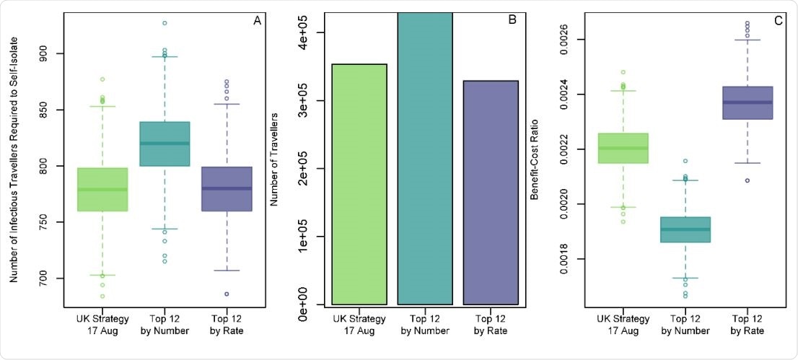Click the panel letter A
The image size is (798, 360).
(x=257, y=21)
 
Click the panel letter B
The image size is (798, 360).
(x=512, y=21)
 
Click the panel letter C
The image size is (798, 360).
(x=779, y=21)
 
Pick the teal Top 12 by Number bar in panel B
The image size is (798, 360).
(x=424, y=159)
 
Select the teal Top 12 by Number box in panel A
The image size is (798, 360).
(x=165, y=144)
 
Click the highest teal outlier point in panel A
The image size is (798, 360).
(x=165, y=23)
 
